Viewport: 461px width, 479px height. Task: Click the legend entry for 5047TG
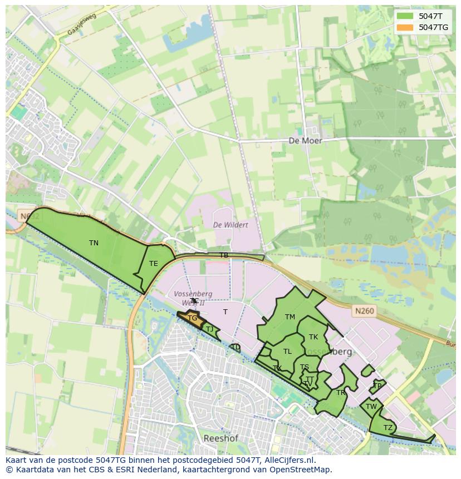click(x=433, y=27)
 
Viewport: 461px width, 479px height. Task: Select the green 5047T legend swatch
click(x=405, y=16)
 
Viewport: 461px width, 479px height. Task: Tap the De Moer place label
click(x=305, y=141)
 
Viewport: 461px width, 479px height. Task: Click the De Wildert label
click(x=230, y=225)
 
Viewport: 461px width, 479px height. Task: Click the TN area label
click(x=94, y=243)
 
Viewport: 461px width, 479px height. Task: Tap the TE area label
click(x=153, y=264)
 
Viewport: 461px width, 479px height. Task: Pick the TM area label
click(x=290, y=317)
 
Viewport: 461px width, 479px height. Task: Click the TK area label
click(x=313, y=337)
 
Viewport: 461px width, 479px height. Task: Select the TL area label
click(x=287, y=352)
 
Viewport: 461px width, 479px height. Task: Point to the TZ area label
click(x=388, y=427)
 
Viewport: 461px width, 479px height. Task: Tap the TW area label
click(x=371, y=407)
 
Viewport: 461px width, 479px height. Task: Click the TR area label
click(x=341, y=393)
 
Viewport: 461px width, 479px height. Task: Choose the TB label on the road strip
click(x=223, y=255)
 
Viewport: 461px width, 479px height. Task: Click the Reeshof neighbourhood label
click(x=220, y=438)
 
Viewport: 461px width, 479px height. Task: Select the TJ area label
click(x=209, y=329)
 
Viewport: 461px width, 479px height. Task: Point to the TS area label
click(x=304, y=367)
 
